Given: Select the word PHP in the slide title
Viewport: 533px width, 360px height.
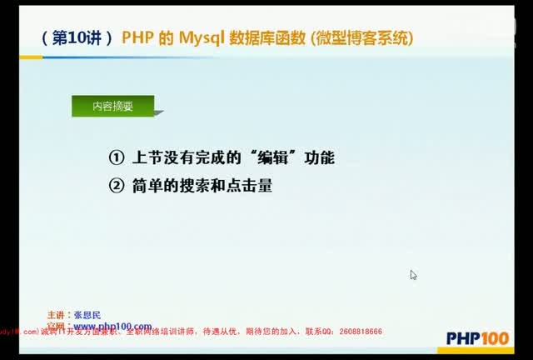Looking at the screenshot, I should point(137,38).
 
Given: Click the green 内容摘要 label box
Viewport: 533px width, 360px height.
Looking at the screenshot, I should point(112,107).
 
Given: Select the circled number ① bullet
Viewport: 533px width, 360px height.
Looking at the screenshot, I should point(116,157).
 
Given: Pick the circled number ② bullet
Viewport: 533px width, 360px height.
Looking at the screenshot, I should point(116,186).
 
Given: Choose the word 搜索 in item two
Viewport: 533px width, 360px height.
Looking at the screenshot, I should point(197,186).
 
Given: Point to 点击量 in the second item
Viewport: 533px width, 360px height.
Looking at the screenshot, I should point(253,186).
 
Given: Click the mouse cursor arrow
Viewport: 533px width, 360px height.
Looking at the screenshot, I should point(413,274).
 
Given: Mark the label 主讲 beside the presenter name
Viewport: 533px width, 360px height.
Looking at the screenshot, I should point(56,315).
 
